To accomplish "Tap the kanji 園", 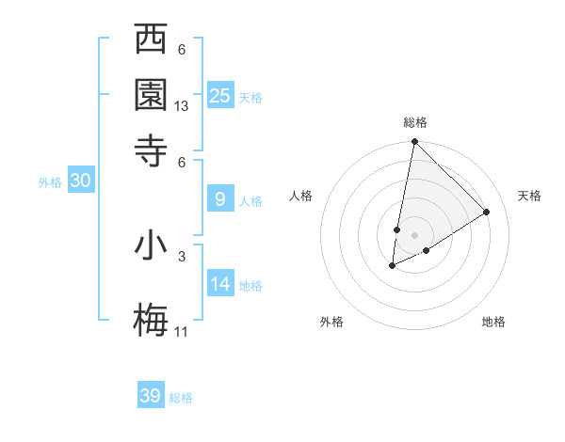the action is pyautogui.click(x=152, y=94).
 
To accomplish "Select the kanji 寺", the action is pyautogui.click(x=152, y=149).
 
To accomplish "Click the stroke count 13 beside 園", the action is pyautogui.click(x=182, y=107).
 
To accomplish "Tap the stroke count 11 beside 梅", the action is pyautogui.click(x=182, y=332).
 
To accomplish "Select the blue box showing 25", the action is pyautogui.click(x=220, y=95).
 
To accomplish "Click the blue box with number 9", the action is pyautogui.click(x=220, y=199).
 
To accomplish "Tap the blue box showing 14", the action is pyautogui.click(x=220, y=284).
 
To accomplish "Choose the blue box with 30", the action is pyautogui.click(x=80, y=182).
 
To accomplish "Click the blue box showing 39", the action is pyautogui.click(x=151, y=396).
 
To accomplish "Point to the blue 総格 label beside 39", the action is pyautogui.click(x=181, y=398).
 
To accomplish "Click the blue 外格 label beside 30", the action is pyautogui.click(x=50, y=182).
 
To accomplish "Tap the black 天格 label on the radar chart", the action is pyautogui.click(x=529, y=196).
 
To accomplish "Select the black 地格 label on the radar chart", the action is pyautogui.click(x=493, y=322).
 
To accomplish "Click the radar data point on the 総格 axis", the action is pyautogui.click(x=414, y=142).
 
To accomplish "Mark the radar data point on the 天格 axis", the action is pyautogui.click(x=487, y=213).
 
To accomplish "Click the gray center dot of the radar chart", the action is pyautogui.click(x=414, y=235).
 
